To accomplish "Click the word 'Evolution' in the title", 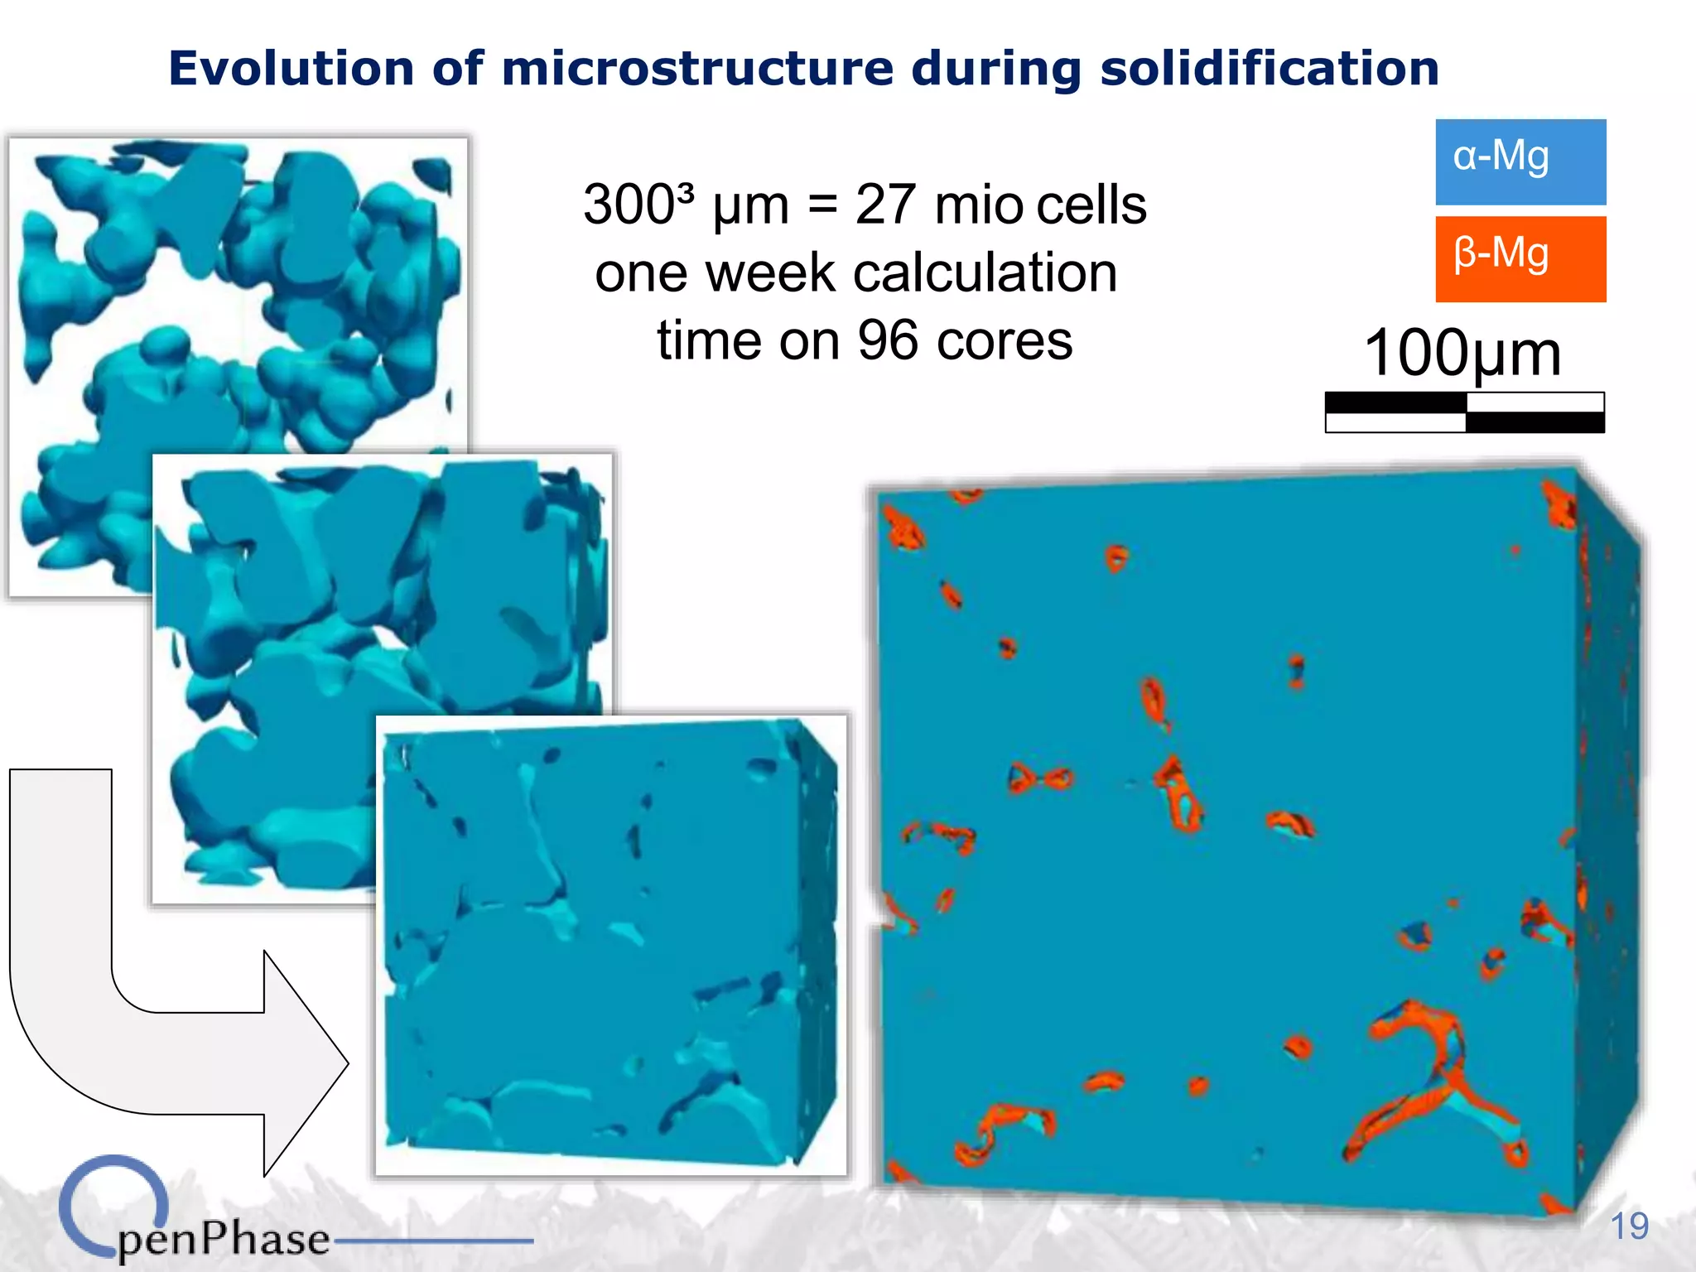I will click(x=291, y=68).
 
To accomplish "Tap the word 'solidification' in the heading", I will click(x=1269, y=68).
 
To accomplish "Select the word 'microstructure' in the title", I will click(x=697, y=68).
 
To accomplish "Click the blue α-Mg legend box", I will click(x=1520, y=162).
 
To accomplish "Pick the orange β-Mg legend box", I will click(x=1520, y=259).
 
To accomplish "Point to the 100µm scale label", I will click(x=1462, y=353).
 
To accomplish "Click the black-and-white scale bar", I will click(x=1464, y=412).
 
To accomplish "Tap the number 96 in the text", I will click(x=888, y=340).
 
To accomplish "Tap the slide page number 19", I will click(x=1629, y=1226).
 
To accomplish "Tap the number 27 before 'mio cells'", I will click(x=884, y=205).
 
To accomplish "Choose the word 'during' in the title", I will click(x=996, y=68).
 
